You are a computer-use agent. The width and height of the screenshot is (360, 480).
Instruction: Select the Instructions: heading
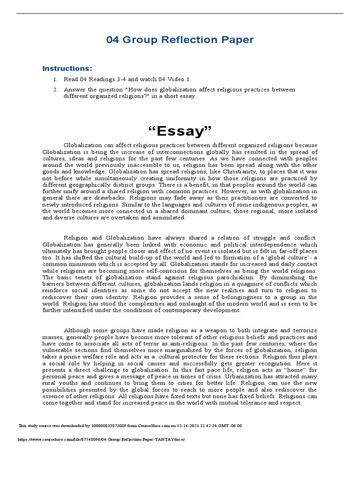(67, 68)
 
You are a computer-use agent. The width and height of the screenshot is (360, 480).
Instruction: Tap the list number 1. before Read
(55, 79)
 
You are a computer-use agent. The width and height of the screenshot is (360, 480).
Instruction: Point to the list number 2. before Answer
(55, 90)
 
